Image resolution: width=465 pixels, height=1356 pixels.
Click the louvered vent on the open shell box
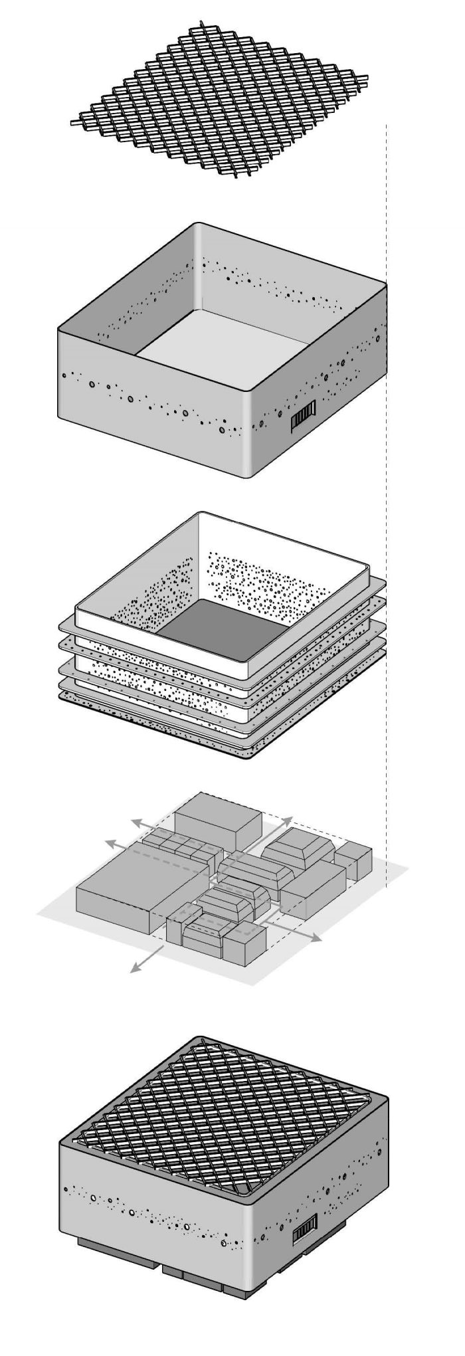tap(302, 420)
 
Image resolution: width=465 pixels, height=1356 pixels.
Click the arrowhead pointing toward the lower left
tap(134, 971)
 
